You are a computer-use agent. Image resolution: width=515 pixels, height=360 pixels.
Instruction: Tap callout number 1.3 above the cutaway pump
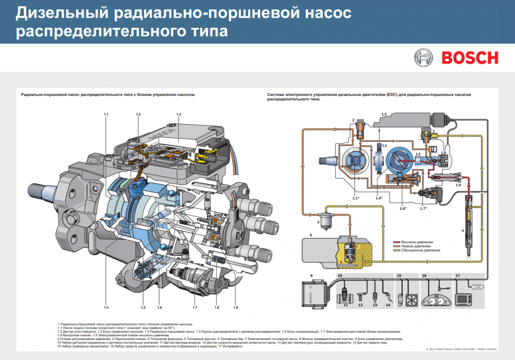(x=179, y=113)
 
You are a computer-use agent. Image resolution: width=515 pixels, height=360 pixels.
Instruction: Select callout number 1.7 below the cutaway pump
(x=195, y=307)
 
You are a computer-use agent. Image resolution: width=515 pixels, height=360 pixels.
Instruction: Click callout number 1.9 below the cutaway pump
(x=235, y=307)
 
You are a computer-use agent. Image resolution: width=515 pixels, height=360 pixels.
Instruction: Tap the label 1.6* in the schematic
(x=388, y=208)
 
